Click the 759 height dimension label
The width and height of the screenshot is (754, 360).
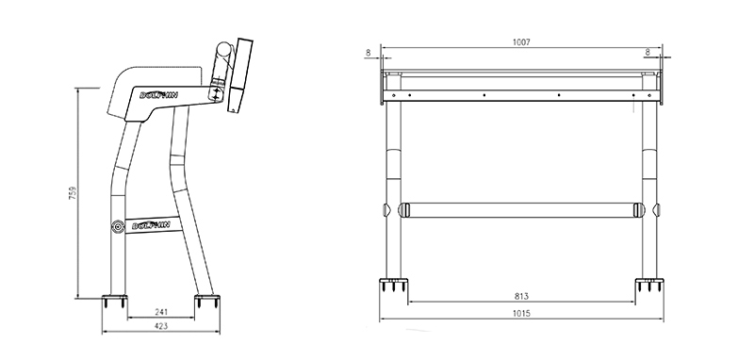pos(74,193)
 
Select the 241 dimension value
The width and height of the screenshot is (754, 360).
pos(161,312)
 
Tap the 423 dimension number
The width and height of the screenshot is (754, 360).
pos(161,326)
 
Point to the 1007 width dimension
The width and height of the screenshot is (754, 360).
pos(521,42)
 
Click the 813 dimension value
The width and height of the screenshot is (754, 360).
pos(521,297)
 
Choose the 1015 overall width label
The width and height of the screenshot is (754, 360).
pos(521,314)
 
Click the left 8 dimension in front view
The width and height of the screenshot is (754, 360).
pos(369,53)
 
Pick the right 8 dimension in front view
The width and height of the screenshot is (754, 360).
pos(647,52)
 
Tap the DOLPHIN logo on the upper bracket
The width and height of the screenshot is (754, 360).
pos(158,94)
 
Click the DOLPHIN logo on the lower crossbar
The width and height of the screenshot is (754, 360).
pos(151,224)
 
